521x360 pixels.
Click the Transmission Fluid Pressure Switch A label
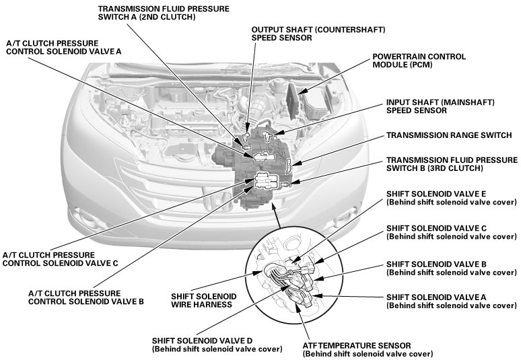163,13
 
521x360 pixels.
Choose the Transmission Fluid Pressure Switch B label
452,164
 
